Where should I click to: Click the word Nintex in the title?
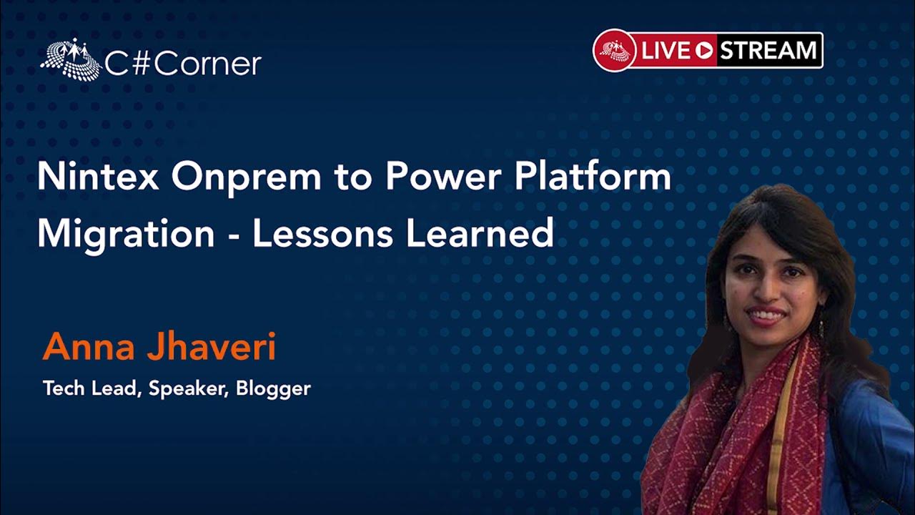[x=98, y=176]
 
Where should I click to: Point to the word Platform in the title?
[x=593, y=176]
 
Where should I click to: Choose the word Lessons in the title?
[x=322, y=233]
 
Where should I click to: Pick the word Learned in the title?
[x=480, y=233]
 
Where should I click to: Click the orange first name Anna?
[x=89, y=347]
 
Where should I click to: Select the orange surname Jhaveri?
[x=211, y=347]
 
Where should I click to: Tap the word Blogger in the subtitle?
[x=273, y=388]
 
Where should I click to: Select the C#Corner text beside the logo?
[x=183, y=64]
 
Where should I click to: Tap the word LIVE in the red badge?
[x=665, y=51]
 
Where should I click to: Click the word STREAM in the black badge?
[x=768, y=50]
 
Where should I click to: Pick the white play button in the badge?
[x=704, y=51]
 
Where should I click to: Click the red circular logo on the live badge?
[x=614, y=51]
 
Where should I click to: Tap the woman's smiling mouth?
[x=766, y=315]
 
